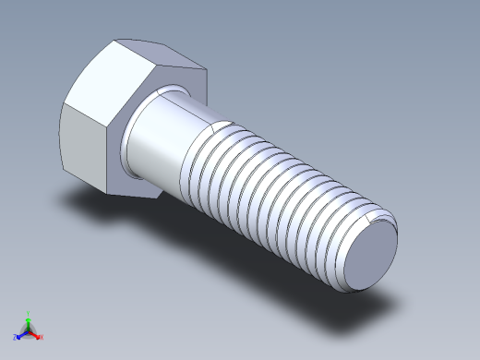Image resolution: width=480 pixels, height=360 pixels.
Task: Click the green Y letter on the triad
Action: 30,313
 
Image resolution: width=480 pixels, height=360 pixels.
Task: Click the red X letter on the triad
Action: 42,338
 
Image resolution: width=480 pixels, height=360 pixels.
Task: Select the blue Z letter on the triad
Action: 16,338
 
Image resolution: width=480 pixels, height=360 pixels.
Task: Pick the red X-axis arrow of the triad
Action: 35,334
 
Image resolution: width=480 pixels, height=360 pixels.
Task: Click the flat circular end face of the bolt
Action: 374,257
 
